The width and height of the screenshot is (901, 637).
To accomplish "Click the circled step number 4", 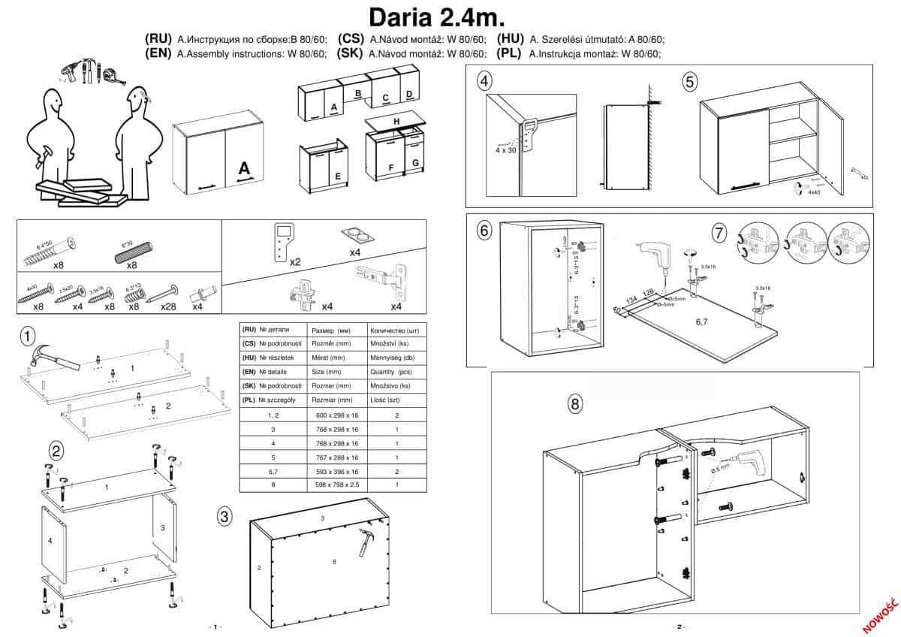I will pos(484,81).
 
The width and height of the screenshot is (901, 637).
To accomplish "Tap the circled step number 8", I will pos(574,404).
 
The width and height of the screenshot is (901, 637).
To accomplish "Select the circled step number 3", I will pos(224,516).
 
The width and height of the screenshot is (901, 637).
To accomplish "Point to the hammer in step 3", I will pos(368,539).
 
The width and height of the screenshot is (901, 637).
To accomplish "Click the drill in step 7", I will pos(652,257).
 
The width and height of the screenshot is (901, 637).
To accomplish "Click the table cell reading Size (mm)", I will pos(328,372).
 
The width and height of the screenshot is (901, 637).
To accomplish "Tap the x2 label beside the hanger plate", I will pos(295,262).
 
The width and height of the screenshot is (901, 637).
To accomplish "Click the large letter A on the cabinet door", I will pos(244,169).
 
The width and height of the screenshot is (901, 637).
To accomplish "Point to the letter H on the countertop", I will pos(396,122).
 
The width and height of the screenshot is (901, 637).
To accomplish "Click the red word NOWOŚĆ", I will pos(881,614).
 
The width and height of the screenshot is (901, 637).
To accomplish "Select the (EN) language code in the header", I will pos(158,53).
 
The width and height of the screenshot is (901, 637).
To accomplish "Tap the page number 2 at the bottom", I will pos(678,626).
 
